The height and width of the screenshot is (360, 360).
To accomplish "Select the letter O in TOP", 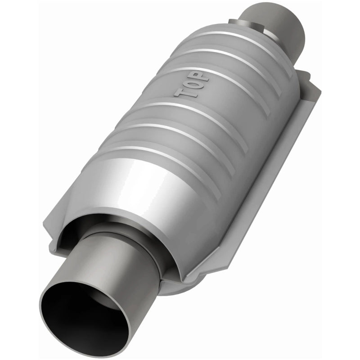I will pyautogui.click(x=194, y=85).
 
